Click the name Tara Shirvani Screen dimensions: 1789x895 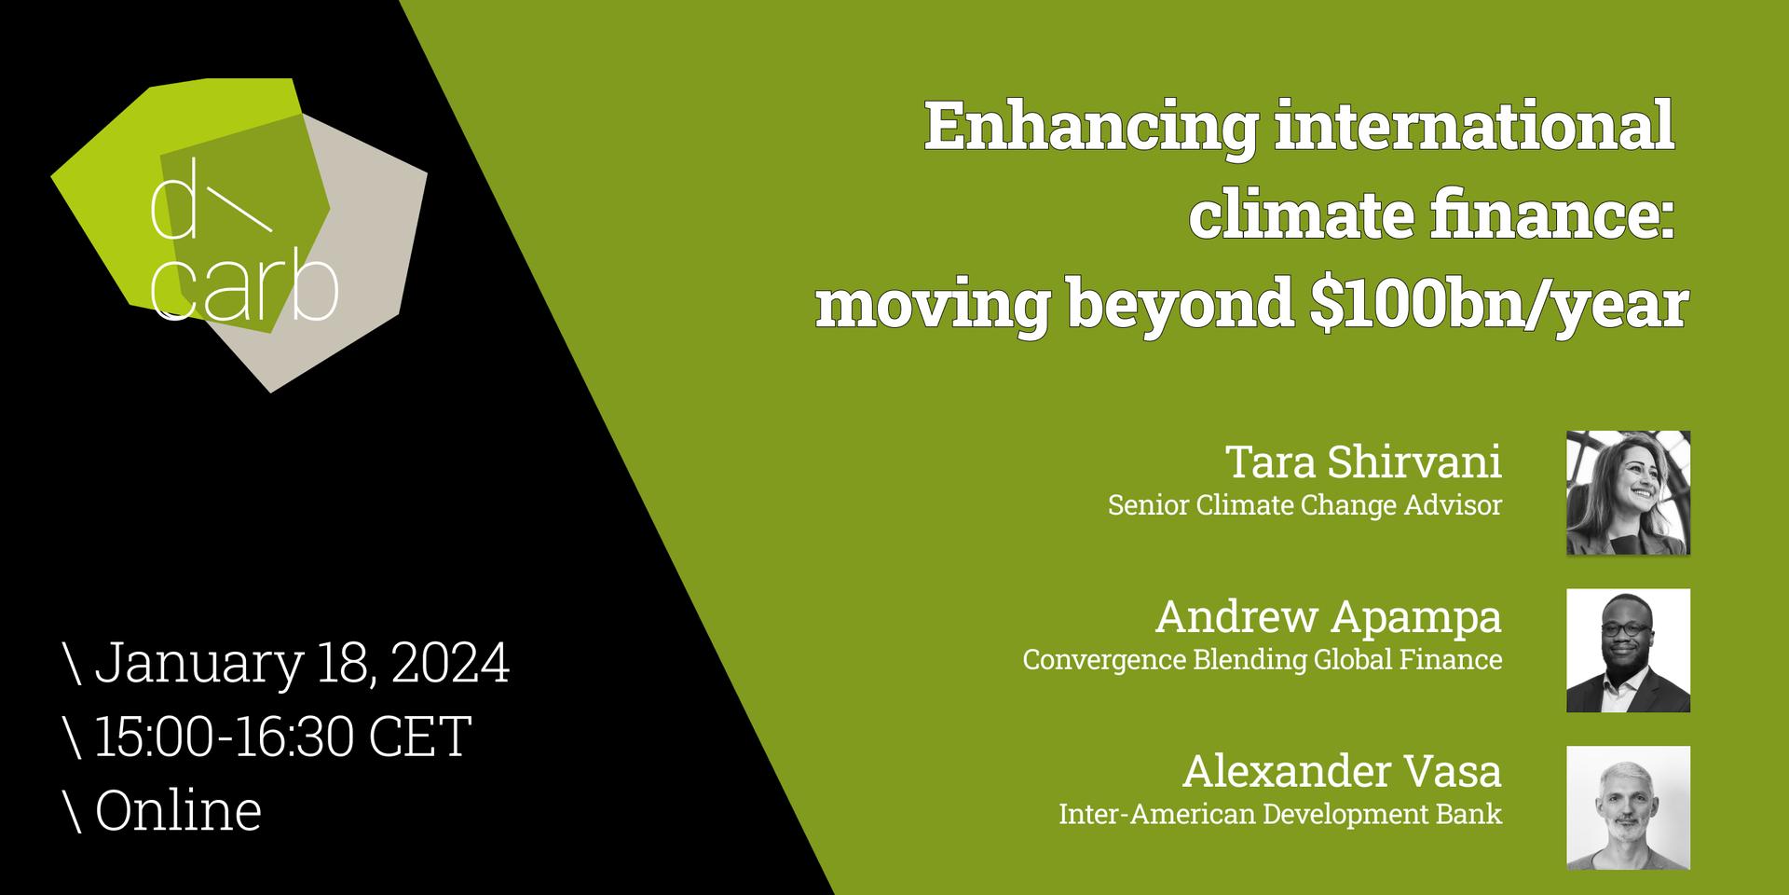[1363, 461]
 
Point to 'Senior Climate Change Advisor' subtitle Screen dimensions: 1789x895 [1304, 505]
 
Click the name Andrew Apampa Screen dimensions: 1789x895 [1329, 617]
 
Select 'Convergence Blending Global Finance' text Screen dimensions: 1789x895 [1263, 660]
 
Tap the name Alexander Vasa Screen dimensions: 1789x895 [1342, 772]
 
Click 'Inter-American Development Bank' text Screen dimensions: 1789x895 [1280, 814]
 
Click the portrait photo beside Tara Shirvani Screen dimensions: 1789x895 [1628, 493]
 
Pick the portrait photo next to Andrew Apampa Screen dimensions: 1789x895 [1628, 651]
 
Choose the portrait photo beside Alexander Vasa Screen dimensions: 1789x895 [1628, 808]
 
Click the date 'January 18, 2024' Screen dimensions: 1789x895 [302, 664]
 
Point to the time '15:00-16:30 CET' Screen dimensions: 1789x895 [283, 736]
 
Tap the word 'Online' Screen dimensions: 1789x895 [178, 809]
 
